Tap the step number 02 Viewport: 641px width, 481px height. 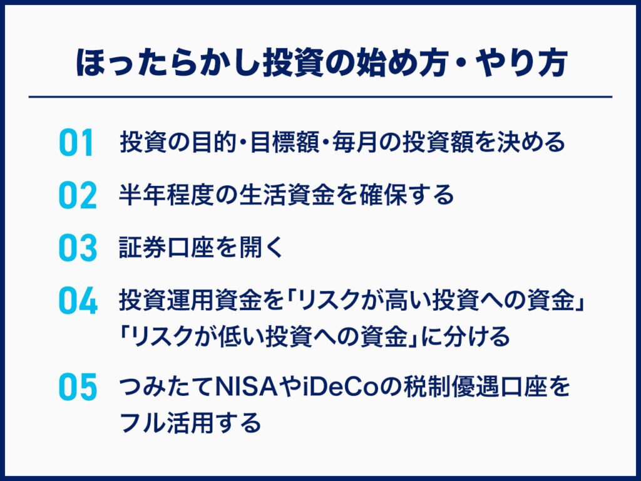(x=78, y=195)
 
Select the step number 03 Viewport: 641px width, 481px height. (x=78, y=248)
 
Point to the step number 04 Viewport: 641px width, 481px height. (x=78, y=301)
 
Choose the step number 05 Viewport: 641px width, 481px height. (x=78, y=386)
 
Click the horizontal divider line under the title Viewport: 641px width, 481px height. (x=320, y=97)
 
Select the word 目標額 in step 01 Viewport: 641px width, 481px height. (x=285, y=142)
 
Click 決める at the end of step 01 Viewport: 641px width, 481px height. (x=531, y=142)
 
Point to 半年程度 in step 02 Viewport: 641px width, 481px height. (x=167, y=195)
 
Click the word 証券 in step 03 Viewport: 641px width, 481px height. (x=143, y=247)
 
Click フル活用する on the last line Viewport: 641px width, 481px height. (x=190, y=422)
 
